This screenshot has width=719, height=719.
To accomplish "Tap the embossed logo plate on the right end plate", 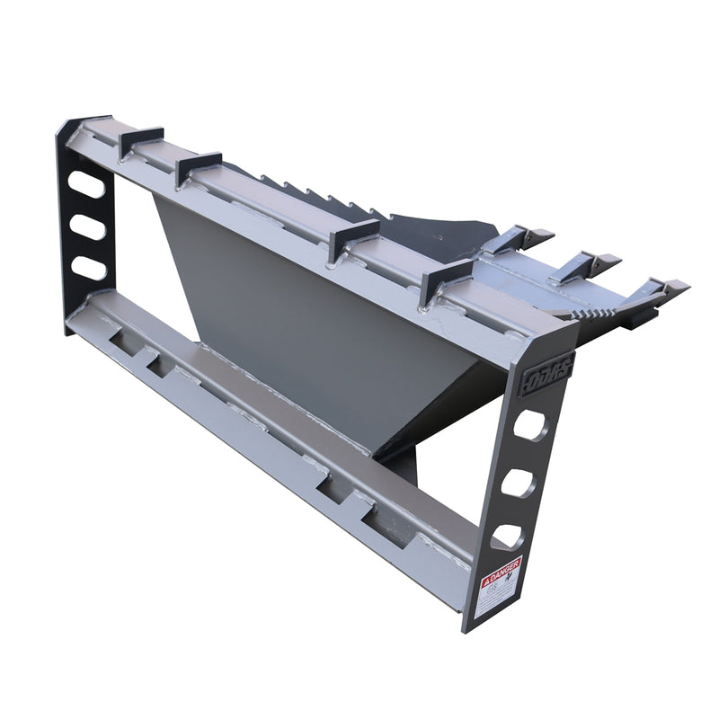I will point(546,368).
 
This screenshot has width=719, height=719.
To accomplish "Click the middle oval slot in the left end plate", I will point(88,228).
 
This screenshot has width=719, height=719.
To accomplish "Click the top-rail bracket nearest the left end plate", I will point(141,140).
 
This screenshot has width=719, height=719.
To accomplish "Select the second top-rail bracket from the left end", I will point(199,166).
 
